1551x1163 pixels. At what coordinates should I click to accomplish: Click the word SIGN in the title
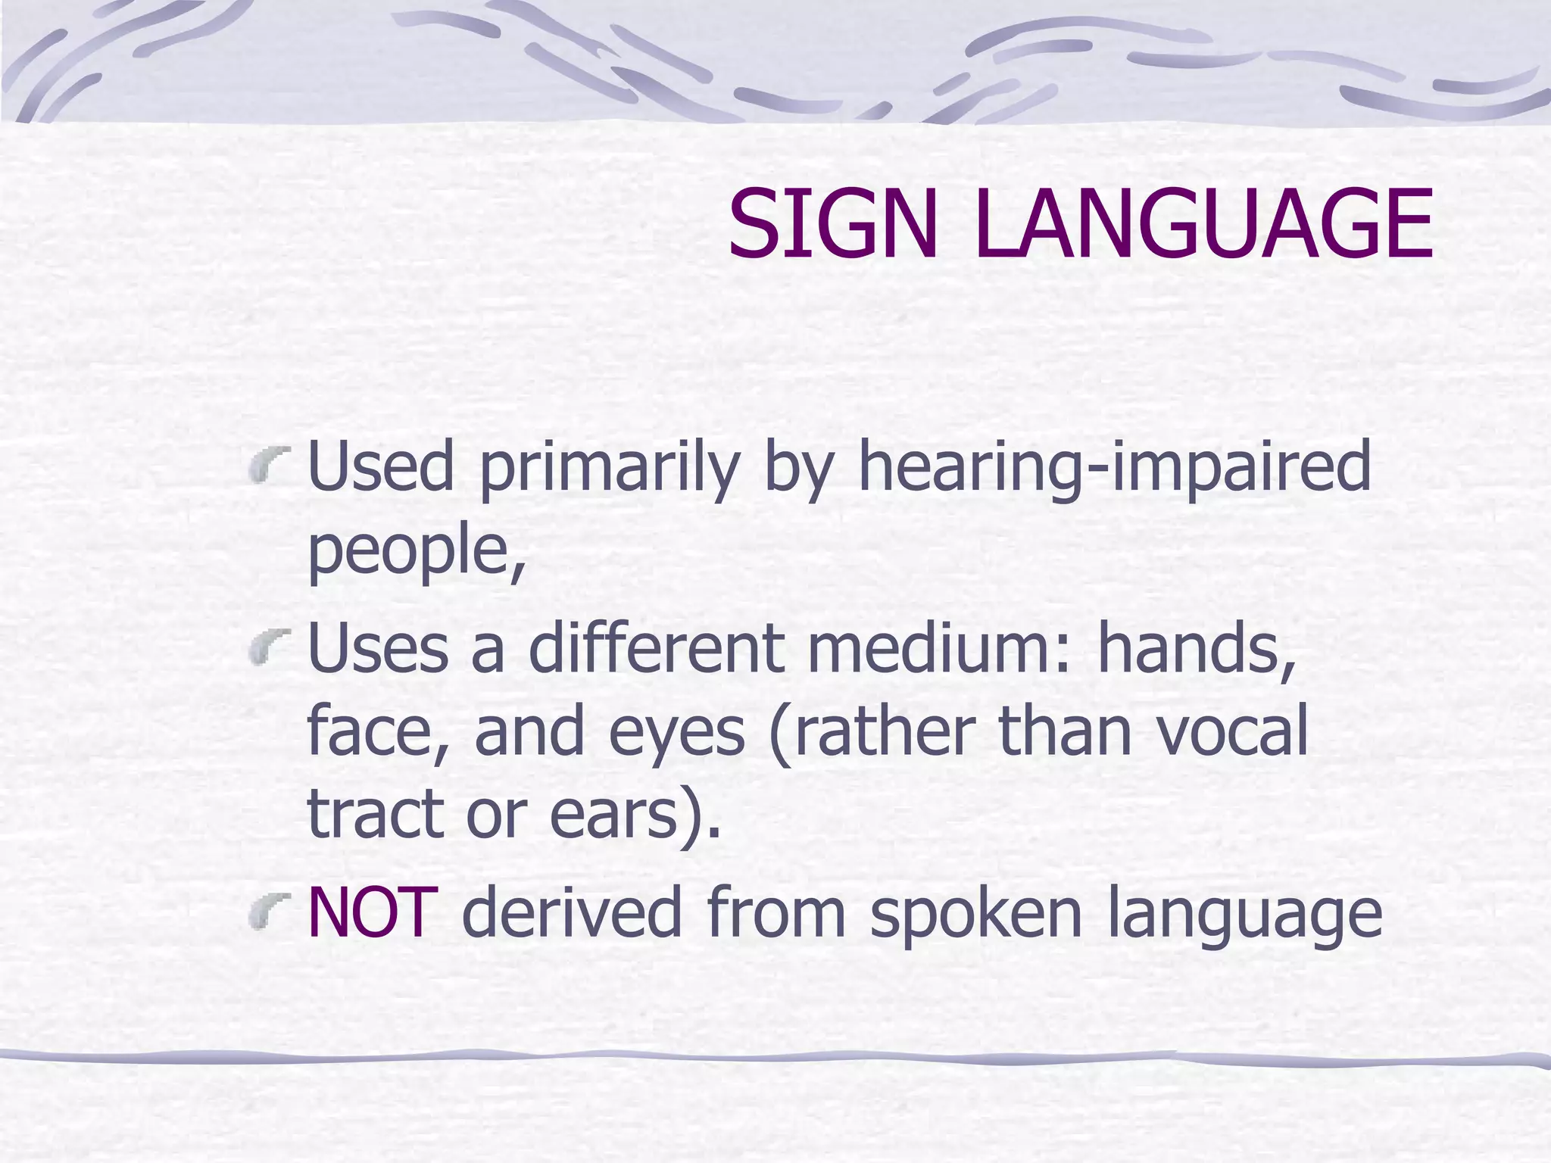(832, 224)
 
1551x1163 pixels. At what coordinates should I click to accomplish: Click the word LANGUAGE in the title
(1204, 224)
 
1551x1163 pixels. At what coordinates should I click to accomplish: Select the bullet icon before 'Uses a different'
(270, 648)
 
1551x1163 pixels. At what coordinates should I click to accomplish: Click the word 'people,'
(416, 551)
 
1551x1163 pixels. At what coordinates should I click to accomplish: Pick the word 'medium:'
(940, 650)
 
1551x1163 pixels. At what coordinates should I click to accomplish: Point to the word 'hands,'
(1197, 650)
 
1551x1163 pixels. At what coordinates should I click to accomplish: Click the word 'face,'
(378, 731)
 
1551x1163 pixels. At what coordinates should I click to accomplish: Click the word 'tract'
(375, 814)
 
